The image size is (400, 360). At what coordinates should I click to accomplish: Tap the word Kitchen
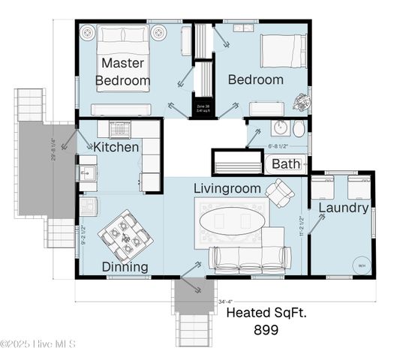point(116,147)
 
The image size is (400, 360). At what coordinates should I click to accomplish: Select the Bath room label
point(285,163)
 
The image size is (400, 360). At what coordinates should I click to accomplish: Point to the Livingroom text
point(227,187)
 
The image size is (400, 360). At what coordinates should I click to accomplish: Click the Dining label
point(125,266)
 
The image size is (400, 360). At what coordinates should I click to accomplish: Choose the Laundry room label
point(343,208)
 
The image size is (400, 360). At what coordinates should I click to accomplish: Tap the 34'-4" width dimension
point(226,301)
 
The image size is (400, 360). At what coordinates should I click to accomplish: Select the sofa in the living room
point(250,258)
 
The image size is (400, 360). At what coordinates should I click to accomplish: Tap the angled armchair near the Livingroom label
point(280,193)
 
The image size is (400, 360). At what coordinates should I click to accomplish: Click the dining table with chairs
point(126,234)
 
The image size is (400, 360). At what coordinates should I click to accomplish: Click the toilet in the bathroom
point(299,128)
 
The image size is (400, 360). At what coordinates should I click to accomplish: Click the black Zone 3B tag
point(202,108)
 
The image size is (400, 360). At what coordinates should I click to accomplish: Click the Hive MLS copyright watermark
point(38,344)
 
